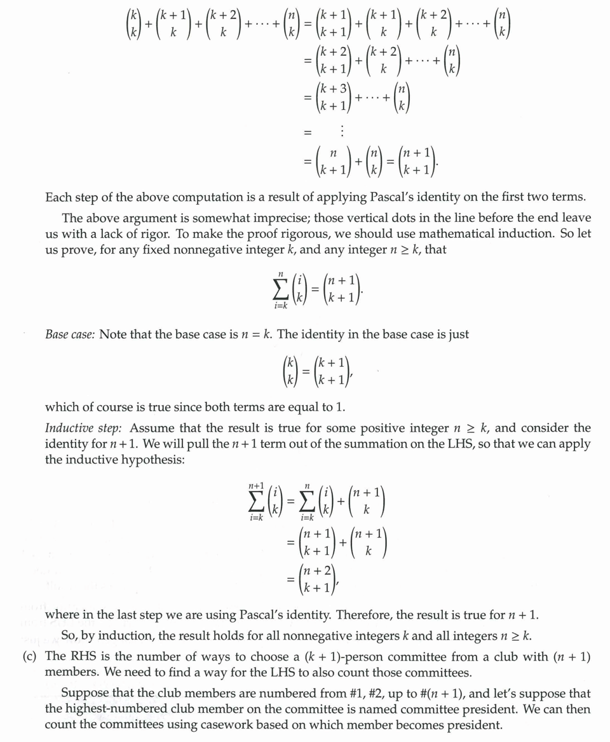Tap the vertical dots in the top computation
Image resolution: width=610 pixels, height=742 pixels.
click(x=342, y=132)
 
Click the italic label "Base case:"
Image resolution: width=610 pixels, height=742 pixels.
click(x=70, y=334)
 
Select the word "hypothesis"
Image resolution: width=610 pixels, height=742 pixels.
click(x=154, y=459)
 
